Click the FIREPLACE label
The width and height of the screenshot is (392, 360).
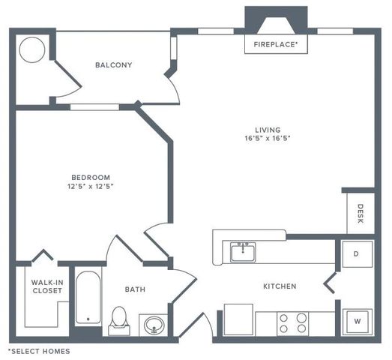coord(276,45)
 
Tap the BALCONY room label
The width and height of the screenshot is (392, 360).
coord(113,65)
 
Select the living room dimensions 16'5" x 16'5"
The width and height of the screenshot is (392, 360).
coord(266,138)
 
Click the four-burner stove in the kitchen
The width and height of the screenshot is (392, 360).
coord(293,323)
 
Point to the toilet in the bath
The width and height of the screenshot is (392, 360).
coord(118,320)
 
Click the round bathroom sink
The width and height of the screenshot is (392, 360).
coord(154,325)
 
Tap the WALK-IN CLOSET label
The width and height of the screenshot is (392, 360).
coord(46,287)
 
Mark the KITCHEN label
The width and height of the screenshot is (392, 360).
coord(279,286)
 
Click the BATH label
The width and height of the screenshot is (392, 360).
coord(135,289)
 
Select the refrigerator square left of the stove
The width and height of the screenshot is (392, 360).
coord(238,319)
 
